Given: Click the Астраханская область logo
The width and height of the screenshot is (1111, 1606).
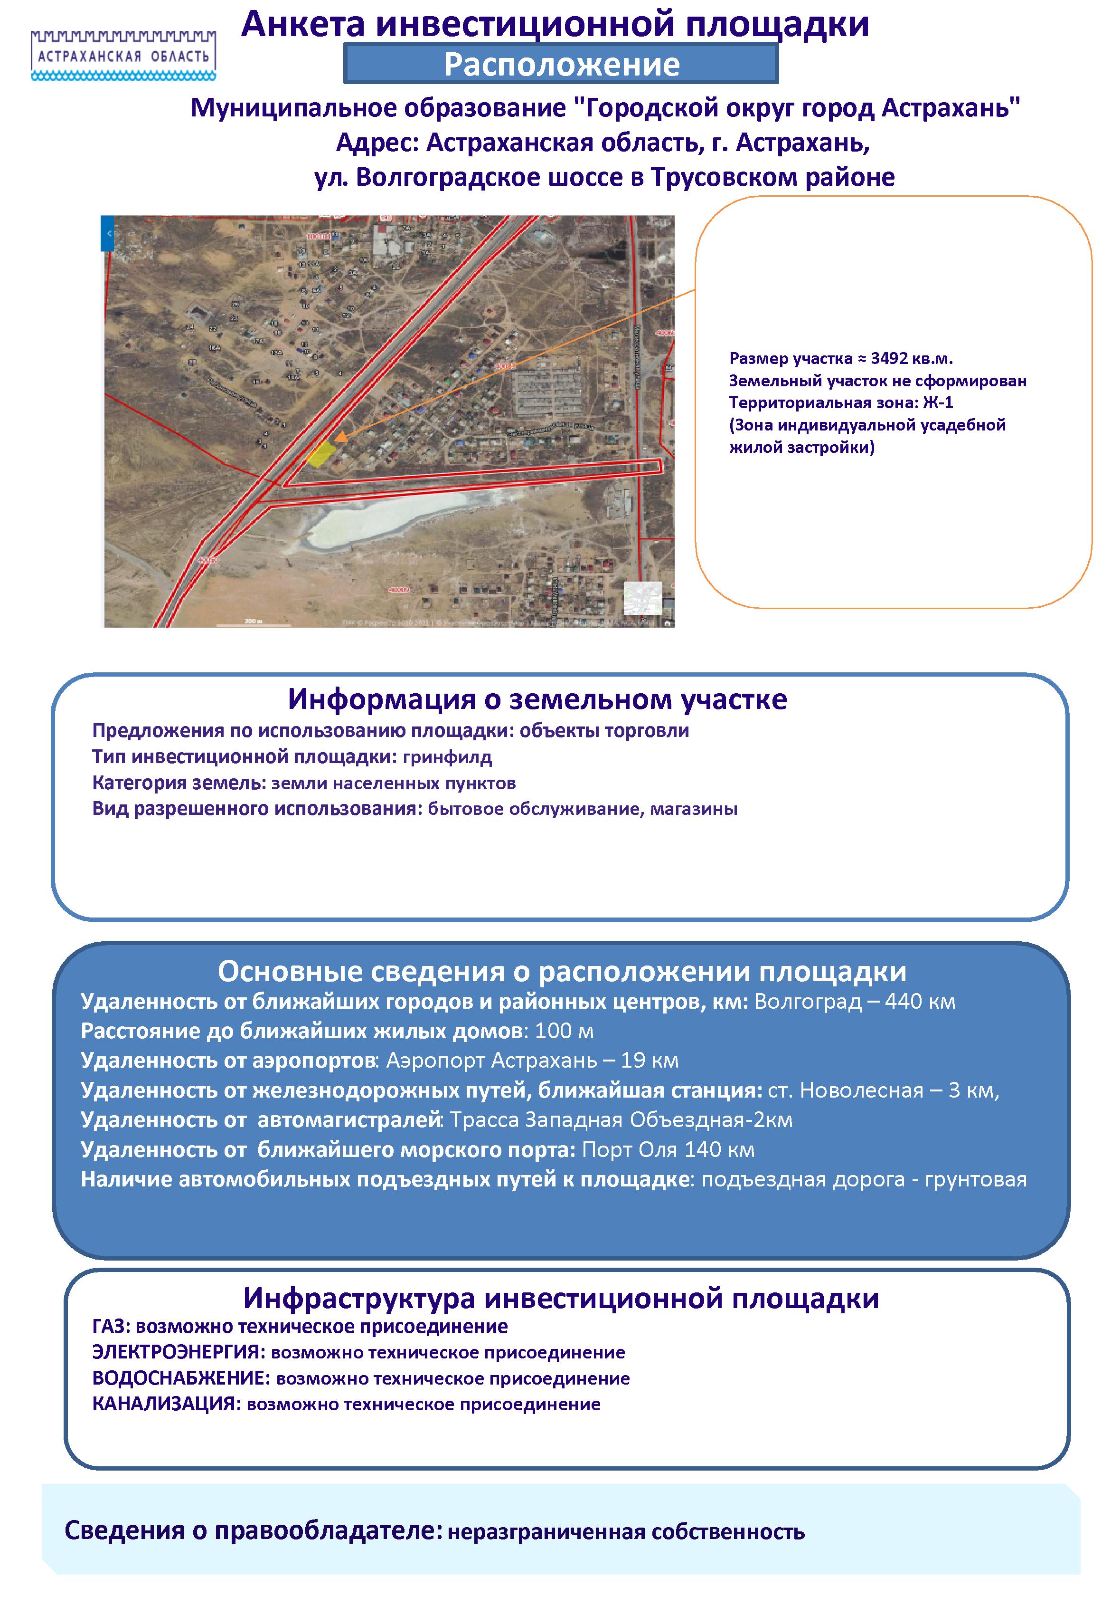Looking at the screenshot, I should [123, 54].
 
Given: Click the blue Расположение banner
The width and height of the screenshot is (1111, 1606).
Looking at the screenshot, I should [561, 64].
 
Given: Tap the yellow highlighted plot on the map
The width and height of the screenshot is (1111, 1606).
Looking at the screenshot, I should [321, 454].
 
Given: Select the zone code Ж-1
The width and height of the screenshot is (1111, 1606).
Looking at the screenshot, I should [938, 402].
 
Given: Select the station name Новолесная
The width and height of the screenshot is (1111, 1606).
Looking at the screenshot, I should [862, 1090].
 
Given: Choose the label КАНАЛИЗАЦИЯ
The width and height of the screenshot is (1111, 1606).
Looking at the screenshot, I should [166, 1404].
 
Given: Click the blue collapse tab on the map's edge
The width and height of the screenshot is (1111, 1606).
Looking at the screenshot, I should [107, 233].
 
